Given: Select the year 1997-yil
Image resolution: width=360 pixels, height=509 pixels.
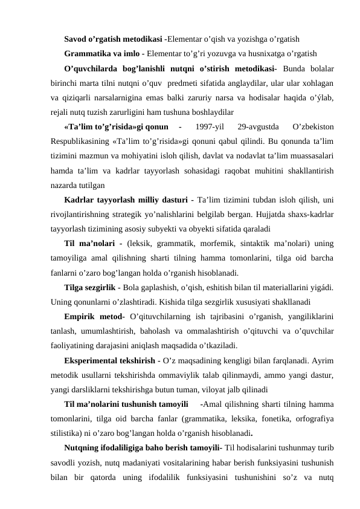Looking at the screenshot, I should [211, 127].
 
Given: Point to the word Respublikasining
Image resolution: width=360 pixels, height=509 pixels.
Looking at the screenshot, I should [83, 142].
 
